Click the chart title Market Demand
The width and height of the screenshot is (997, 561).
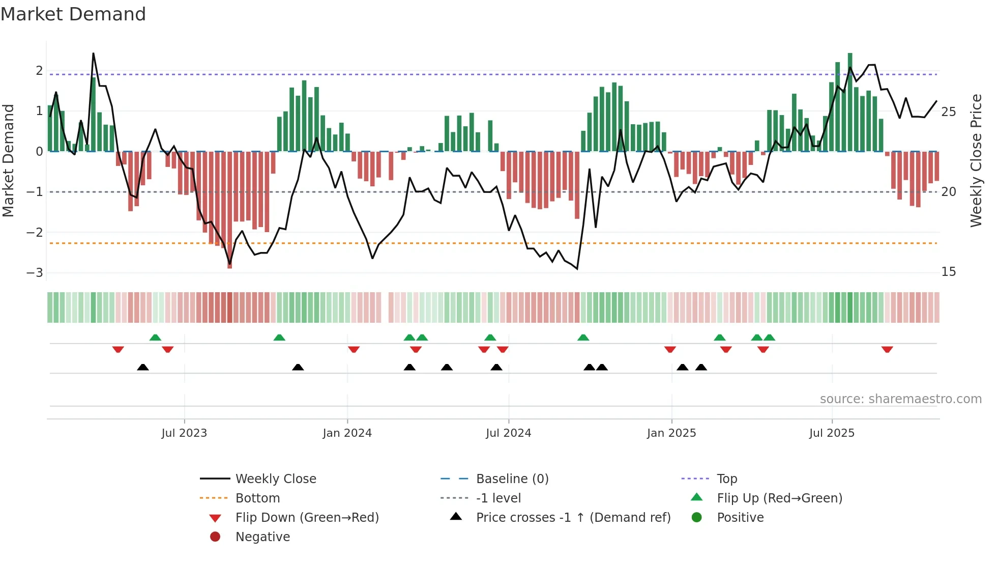coord(73,14)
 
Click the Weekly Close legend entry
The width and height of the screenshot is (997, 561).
coord(275,479)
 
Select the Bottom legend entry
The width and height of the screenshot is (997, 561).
coord(257,498)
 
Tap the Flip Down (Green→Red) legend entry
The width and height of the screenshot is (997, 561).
coord(307,517)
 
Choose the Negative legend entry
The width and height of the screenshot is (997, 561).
coord(262,537)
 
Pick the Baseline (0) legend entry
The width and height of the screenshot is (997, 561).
coord(512,479)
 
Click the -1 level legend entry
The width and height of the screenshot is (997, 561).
coord(498,498)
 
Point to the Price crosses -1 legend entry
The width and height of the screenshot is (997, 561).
coord(573,517)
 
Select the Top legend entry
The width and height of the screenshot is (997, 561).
coord(726,479)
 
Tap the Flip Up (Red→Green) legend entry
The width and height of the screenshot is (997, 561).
coord(779,498)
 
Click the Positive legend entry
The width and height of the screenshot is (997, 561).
coord(740,517)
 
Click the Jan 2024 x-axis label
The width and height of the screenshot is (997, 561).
coord(347,433)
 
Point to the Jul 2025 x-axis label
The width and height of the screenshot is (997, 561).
coord(832,433)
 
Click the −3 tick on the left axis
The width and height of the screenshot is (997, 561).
coord(35,272)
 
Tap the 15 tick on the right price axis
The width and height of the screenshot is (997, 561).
coord(948,271)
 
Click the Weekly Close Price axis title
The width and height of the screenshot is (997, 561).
coord(976,160)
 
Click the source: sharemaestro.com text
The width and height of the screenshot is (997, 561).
coord(900,399)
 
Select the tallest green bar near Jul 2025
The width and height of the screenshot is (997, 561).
coord(850,102)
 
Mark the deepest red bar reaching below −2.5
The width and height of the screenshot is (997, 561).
coord(229,209)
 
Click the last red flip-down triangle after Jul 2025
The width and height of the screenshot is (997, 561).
coord(887,350)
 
